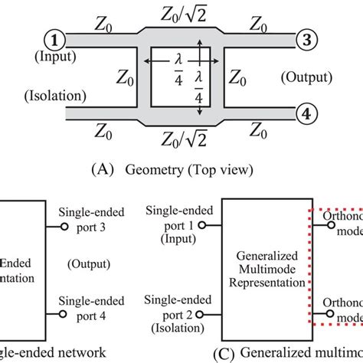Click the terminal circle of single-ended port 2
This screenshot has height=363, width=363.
click(x=202, y=314)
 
